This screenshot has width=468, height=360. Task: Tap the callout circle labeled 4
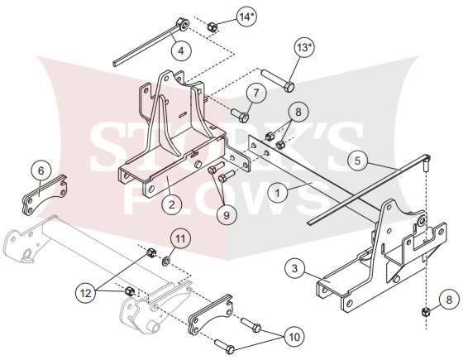181,50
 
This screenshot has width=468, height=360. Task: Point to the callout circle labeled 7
256,93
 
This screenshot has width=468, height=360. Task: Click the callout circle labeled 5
357,161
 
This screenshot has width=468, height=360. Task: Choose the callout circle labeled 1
278,193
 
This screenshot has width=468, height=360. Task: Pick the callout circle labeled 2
171,204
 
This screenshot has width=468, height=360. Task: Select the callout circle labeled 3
294,268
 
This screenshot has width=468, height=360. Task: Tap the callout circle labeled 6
41,170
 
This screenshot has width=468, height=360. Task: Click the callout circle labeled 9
227,215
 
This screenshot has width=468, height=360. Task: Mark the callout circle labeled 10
294,337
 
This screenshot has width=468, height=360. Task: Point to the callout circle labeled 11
180,239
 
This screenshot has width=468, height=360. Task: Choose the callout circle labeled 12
86,293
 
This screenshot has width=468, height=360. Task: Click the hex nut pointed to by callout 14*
212,26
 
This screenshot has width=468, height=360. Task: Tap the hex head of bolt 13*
289,88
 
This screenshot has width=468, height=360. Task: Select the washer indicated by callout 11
165,262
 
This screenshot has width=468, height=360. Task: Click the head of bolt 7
244,117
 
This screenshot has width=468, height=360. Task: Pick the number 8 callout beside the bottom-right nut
449,299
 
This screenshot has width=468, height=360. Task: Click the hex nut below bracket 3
425,313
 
